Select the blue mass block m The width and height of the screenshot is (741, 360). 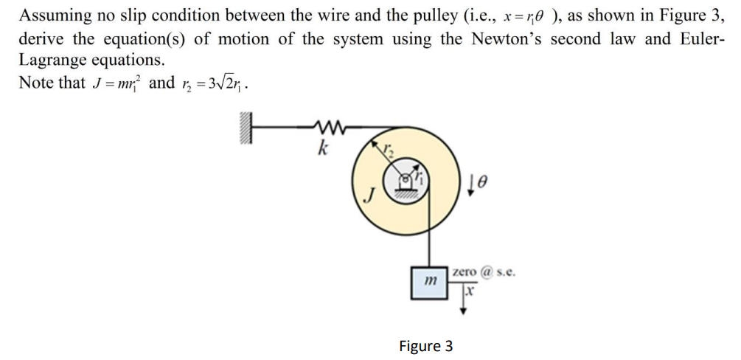[430, 281]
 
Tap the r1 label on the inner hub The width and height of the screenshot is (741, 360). [424, 175]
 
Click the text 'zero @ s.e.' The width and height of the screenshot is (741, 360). [484, 271]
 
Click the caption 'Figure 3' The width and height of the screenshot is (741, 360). [425, 346]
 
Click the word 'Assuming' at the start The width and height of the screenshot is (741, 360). [49, 15]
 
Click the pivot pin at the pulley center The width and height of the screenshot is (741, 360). [406, 179]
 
